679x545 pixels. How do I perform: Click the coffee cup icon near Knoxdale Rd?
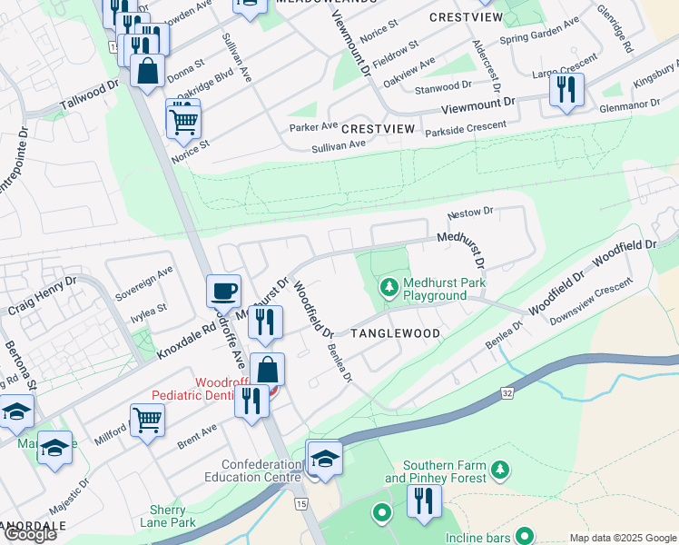point(223,292)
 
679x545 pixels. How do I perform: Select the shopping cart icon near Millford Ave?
point(147,420)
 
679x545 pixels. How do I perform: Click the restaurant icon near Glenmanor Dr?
point(566,89)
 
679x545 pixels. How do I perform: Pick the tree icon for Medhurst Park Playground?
point(389,288)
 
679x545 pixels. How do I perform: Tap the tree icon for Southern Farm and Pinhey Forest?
point(499,470)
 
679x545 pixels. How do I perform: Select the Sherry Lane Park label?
point(168,517)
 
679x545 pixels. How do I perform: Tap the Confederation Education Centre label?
point(248,471)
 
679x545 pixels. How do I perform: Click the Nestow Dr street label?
point(469,213)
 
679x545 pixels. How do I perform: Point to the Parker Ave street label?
point(313,126)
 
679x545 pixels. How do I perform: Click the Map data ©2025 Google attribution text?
point(622,538)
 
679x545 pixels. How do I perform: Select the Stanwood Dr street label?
point(443,88)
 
